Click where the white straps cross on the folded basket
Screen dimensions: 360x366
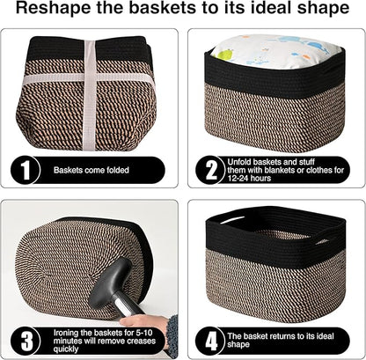pos(88,77)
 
